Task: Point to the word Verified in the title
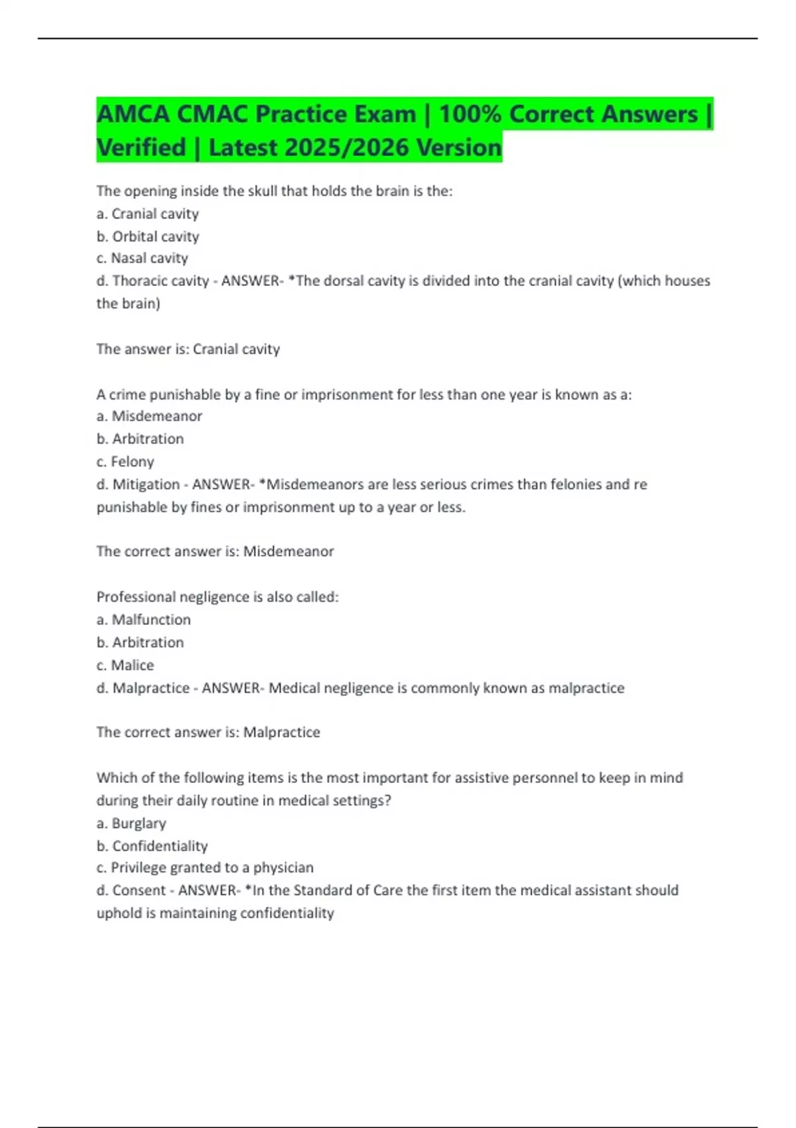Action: tap(141, 148)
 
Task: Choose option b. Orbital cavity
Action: tap(148, 236)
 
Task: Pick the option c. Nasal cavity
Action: tap(142, 258)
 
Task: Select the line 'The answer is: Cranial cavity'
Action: tap(188, 349)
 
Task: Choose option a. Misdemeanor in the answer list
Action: tap(149, 416)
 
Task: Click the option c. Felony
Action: tap(125, 461)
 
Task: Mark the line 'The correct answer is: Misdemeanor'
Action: tap(215, 551)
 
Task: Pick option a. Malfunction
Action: tap(144, 620)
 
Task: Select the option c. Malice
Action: tap(125, 665)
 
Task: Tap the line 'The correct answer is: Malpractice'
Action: tap(208, 733)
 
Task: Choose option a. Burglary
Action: tap(131, 823)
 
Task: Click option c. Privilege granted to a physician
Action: tap(205, 868)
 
